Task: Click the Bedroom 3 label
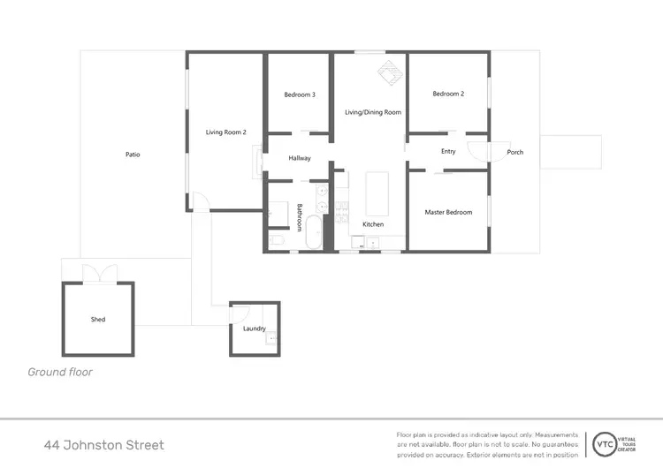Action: [x=300, y=94]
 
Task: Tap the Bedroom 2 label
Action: [x=448, y=94]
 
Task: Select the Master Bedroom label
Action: [x=448, y=212]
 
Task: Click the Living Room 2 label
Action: [x=225, y=132]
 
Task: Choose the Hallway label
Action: [x=300, y=158]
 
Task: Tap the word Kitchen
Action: [x=373, y=224]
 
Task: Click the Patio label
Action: [x=133, y=155]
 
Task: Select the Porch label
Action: [x=514, y=152]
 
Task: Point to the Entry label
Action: [x=448, y=152]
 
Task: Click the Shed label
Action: [x=98, y=319]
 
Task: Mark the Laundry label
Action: [x=255, y=328]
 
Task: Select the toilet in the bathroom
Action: [x=276, y=239]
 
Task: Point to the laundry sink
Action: [x=272, y=336]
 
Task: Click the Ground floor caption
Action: [x=60, y=372]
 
